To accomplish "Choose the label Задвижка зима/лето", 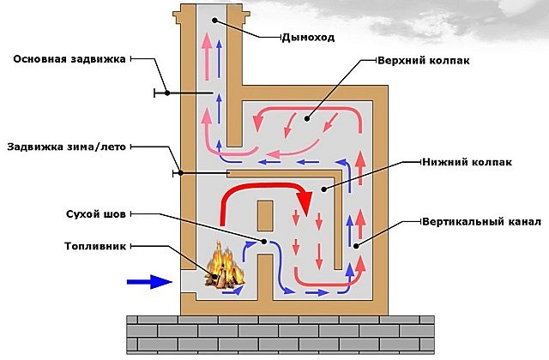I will click(66, 147).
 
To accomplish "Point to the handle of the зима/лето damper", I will click(175, 173).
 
